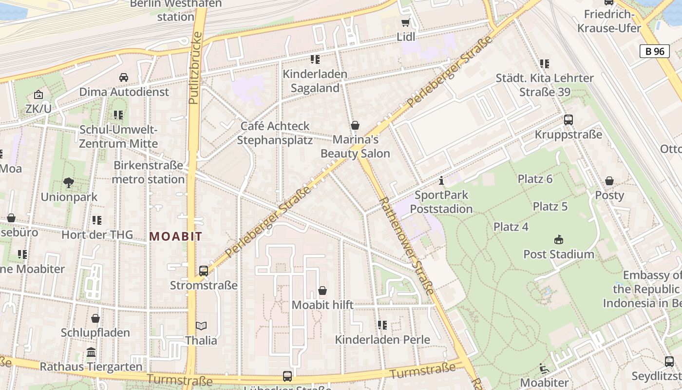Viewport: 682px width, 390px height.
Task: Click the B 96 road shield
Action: pos(655,51)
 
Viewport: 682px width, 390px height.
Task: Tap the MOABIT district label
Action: pos(175,237)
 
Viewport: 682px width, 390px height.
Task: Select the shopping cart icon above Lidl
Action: pos(405,22)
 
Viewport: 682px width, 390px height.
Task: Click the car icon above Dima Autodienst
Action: pos(124,78)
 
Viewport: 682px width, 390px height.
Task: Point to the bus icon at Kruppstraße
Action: pos(568,120)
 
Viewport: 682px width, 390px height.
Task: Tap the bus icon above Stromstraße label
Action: pos(204,271)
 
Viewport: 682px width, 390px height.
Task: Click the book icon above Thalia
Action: pos(201,326)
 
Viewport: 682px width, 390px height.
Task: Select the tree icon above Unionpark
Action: pos(69,183)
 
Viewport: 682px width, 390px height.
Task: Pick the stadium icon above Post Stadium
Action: pos(558,240)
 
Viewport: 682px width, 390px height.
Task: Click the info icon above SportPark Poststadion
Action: pos(441,181)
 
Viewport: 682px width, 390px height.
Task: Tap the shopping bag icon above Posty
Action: pos(609,181)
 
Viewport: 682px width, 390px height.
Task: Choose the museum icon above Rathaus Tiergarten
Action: pos(91,352)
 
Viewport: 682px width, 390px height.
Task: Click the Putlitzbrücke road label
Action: pos(194,68)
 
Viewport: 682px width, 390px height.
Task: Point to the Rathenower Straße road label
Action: pos(405,246)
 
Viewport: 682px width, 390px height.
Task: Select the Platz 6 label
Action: pos(535,179)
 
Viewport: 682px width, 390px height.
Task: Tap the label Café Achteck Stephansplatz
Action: pos(275,133)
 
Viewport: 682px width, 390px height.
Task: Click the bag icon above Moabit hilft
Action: pos(322,291)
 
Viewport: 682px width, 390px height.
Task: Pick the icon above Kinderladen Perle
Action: pos(382,325)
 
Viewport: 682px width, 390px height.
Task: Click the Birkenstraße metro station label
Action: pos(148,172)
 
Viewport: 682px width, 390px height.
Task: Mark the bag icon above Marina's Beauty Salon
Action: pos(355,125)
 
